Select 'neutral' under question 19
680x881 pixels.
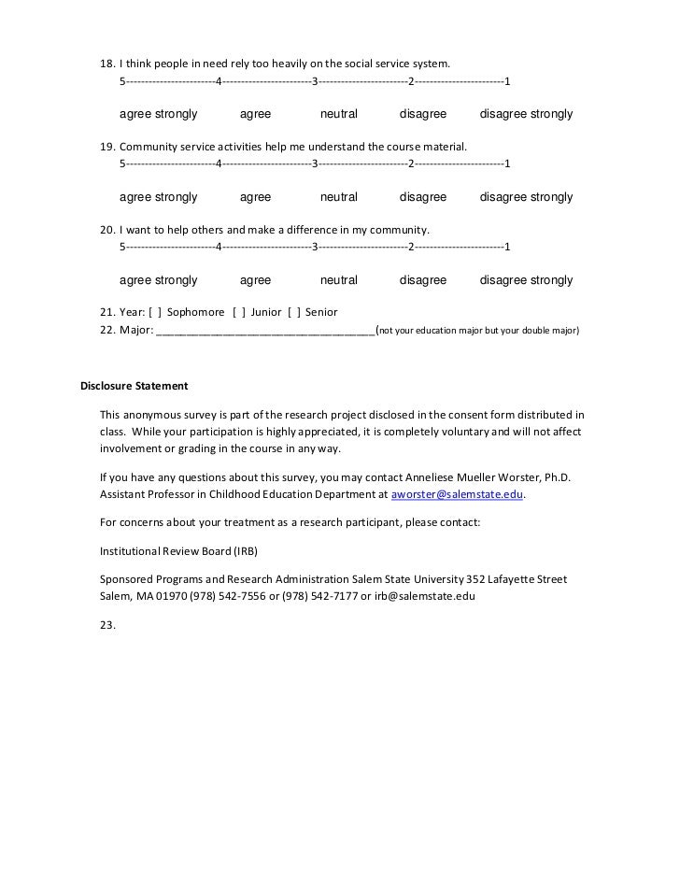click(338, 197)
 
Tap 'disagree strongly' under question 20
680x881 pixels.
click(526, 280)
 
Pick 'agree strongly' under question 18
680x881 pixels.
click(158, 114)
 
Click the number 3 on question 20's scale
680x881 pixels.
click(315, 248)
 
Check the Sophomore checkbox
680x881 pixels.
click(154, 312)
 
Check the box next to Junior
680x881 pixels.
click(238, 312)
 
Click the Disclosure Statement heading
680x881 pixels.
click(134, 386)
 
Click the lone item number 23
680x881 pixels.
click(107, 626)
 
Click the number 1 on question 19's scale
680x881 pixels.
click(506, 164)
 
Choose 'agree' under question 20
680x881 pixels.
click(255, 280)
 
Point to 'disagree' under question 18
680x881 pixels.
click(423, 114)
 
